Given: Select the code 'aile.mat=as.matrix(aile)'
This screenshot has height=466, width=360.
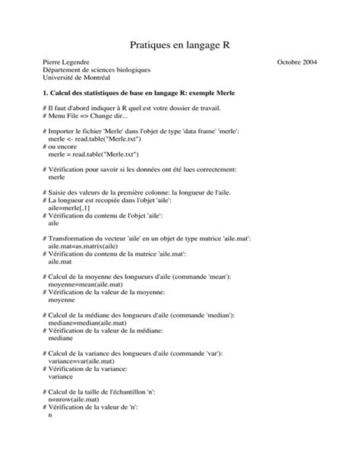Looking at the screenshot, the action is coord(82,246).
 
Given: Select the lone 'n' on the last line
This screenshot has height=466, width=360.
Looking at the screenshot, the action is coord(49,415).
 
